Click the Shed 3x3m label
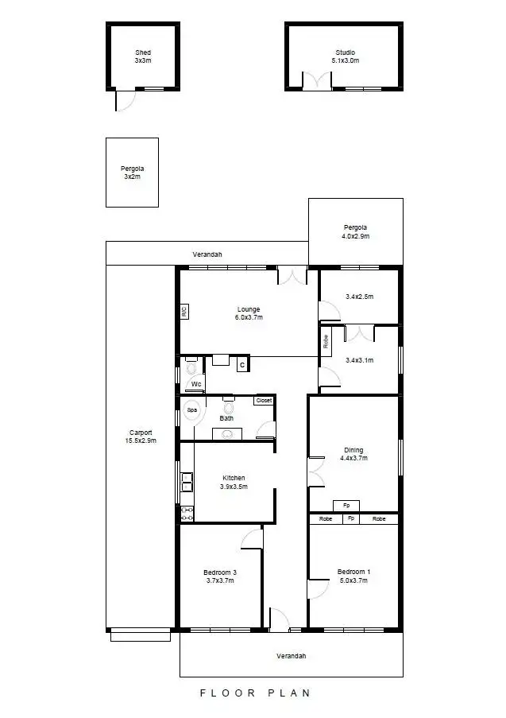pyautogui.click(x=143, y=56)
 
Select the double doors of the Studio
pyautogui.click(x=316, y=81)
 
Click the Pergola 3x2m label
pyautogui.click(x=132, y=173)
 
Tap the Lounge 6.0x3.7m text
pyautogui.click(x=248, y=312)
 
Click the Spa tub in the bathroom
pyautogui.click(x=191, y=410)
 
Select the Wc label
pyautogui.click(x=195, y=384)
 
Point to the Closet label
pyautogui.click(x=264, y=400)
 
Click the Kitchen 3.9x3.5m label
pyautogui.click(x=234, y=482)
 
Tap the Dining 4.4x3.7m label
pyautogui.click(x=353, y=453)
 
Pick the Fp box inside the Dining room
pyautogui.click(x=346, y=505)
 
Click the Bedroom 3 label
pyautogui.click(x=219, y=576)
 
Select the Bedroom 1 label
pyautogui.click(x=353, y=576)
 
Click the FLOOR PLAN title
pyautogui.click(x=254, y=693)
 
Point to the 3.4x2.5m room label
pyautogui.click(x=359, y=297)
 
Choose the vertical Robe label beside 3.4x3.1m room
pyautogui.click(x=326, y=341)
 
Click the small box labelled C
pyautogui.click(x=242, y=365)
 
